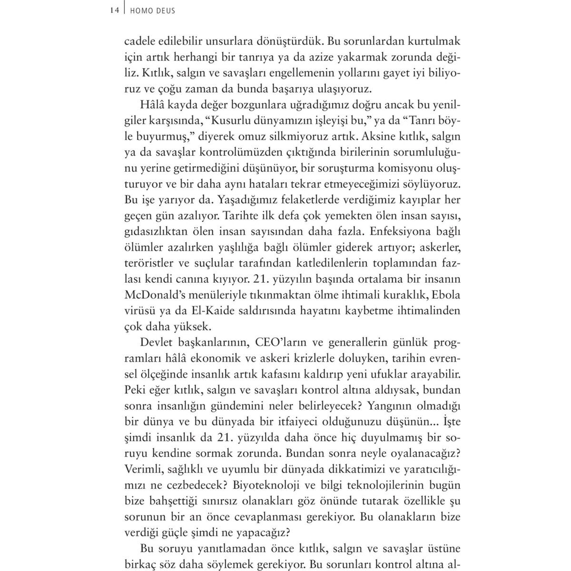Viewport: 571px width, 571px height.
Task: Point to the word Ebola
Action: click(x=447, y=294)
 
